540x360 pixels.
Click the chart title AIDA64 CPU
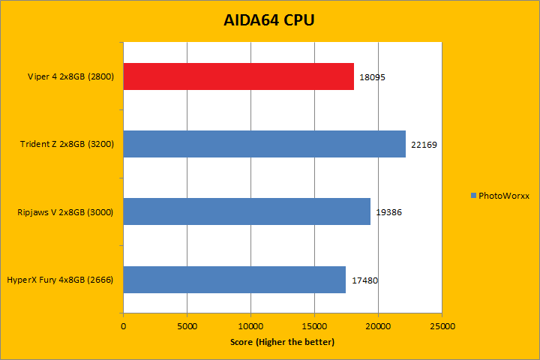pyautogui.click(x=269, y=20)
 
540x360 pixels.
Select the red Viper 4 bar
pyautogui.click(x=238, y=76)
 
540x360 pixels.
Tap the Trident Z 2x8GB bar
pyautogui.click(x=264, y=144)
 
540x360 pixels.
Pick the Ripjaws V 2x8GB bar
pyautogui.click(x=247, y=211)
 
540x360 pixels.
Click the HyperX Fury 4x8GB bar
pyautogui.click(x=235, y=279)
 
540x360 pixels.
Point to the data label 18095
pyautogui.click(x=373, y=77)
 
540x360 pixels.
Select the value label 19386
pyautogui.click(x=389, y=212)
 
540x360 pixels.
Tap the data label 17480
pyautogui.click(x=364, y=280)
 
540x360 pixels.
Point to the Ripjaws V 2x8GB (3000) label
pyautogui.click(x=65, y=212)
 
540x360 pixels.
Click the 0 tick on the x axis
pyautogui.click(x=123, y=326)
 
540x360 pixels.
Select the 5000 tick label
pyautogui.click(x=187, y=326)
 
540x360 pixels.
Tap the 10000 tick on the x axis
pyautogui.click(x=250, y=326)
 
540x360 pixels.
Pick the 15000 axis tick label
pyautogui.click(x=314, y=326)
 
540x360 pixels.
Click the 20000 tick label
pyautogui.click(x=378, y=326)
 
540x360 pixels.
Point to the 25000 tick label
pyautogui.click(x=442, y=326)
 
